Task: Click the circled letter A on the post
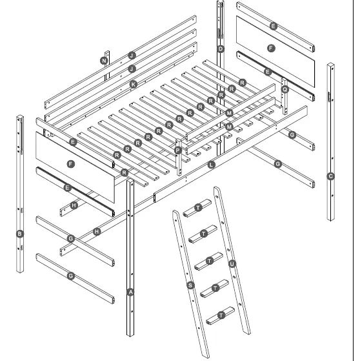tap(131, 292)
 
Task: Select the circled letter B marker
tap(20, 234)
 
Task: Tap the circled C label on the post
tap(331, 176)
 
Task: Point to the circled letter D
tap(221, 49)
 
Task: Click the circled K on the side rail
tap(134, 84)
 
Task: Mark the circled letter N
tap(104, 60)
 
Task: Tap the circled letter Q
tap(285, 90)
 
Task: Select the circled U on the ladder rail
tap(232, 263)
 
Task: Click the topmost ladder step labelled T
tap(197, 207)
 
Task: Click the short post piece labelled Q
tap(285, 97)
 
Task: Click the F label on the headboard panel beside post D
tap(270, 48)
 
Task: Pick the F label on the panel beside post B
tap(72, 164)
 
